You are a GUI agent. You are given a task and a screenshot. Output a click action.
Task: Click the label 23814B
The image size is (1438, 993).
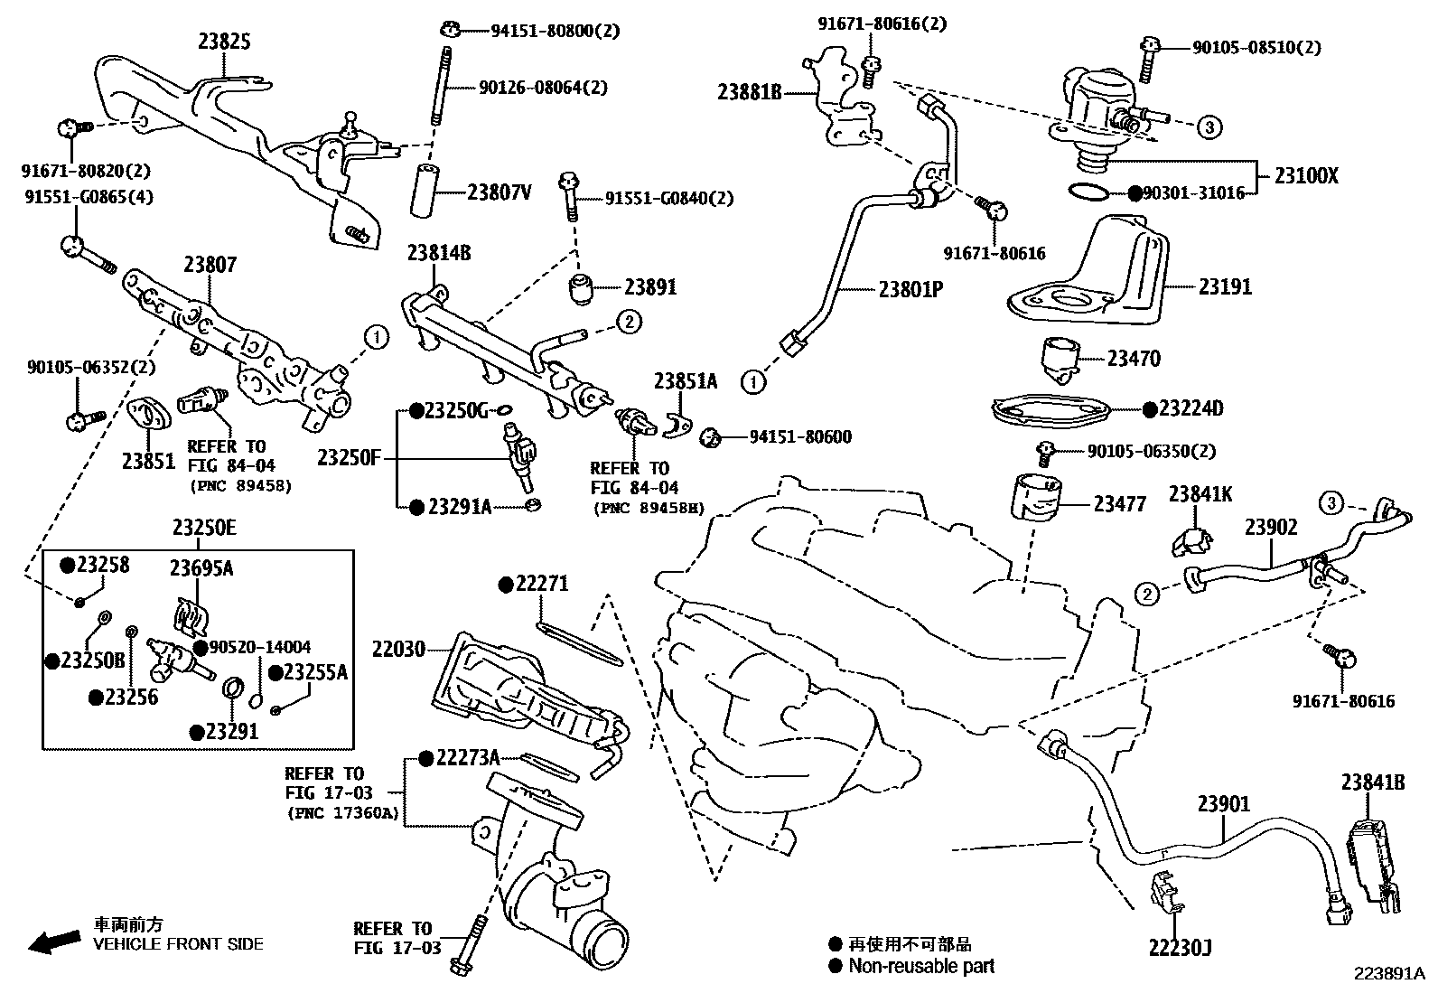(x=439, y=253)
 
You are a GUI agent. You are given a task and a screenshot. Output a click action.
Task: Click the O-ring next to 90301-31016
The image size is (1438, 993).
(x=1087, y=192)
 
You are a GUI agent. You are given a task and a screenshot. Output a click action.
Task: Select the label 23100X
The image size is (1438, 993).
(x=1306, y=177)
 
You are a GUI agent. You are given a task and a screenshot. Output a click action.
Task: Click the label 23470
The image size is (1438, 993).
(x=1134, y=359)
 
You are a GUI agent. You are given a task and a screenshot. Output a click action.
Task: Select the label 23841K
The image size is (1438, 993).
(x=1200, y=494)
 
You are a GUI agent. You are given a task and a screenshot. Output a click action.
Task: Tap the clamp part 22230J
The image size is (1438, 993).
(x=1166, y=891)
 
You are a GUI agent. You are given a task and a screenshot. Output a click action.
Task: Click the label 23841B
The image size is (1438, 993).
(x=1372, y=782)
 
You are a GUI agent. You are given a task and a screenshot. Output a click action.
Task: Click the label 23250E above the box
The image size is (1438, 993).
(x=204, y=529)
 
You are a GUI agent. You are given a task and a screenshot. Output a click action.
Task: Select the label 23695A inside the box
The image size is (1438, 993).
(x=201, y=567)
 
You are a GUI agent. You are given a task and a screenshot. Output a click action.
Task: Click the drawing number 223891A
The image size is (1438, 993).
(x=1387, y=973)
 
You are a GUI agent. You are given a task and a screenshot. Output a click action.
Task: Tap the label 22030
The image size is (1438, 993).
(x=397, y=649)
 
